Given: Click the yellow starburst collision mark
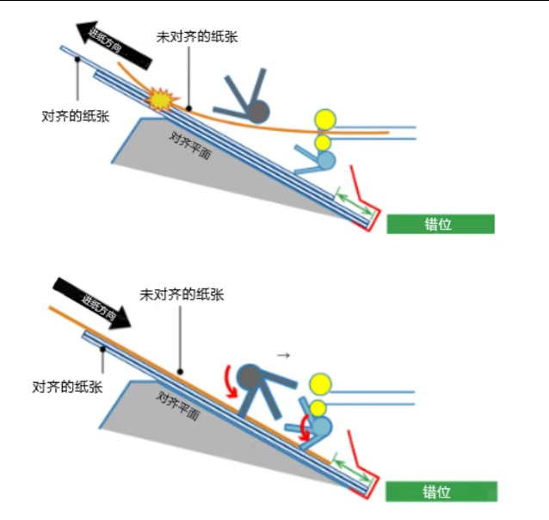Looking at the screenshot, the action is pyautogui.click(x=162, y=100).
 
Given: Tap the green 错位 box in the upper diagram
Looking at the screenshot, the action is pyautogui.click(x=441, y=224).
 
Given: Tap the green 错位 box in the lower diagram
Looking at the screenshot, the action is pyautogui.click(x=441, y=492).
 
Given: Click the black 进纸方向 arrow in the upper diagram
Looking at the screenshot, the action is pyautogui.click(x=114, y=45).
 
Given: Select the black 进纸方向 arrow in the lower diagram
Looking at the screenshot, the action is pyautogui.click(x=92, y=303).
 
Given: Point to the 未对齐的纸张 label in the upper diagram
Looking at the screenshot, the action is pyautogui.click(x=197, y=37).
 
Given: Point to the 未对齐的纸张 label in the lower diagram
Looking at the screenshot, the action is pyautogui.click(x=182, y=294).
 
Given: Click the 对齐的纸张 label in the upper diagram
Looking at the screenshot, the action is pyautogui.click(x=76, y=116).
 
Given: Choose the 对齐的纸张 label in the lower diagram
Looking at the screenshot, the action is pyautogui.click(x=67, y=387).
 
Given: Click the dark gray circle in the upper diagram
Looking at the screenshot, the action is pyautogui.click(x=258, y=112).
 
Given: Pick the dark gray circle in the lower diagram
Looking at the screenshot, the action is pyautogui.click(x=250, y=377).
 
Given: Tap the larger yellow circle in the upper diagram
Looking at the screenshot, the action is pyautogui.click(x=325, y=121).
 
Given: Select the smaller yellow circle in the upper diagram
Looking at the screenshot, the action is pyautogui.click(x=322, y=143).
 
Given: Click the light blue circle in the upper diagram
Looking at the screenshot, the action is pyautogui.click(x=325, y=160).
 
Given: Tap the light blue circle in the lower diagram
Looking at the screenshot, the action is pyautogui.click(x=321, y=426).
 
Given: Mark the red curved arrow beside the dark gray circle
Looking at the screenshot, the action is pyautogui.click(x=231, y=382).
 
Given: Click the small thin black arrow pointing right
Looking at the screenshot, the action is pyautogui.click(x=283, y=356).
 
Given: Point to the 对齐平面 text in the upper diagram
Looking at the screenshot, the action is pyautogui.click(x=190, y=146).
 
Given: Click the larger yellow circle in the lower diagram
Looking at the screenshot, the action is pyautogui.click(x=320, y=384).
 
